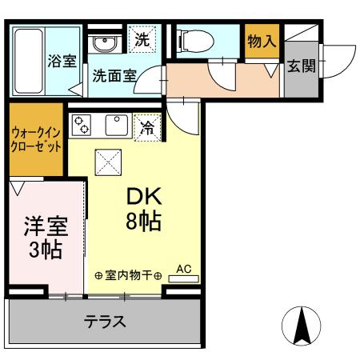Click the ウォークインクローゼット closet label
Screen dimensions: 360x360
click(x=36, y=141)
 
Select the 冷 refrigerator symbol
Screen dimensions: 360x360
click(x=146, y=126)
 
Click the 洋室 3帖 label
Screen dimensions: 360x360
click(x=44, y=237)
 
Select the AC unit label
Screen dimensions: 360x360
click(x=183, y=270)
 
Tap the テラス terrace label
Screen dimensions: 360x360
click(x=105, y=322)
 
